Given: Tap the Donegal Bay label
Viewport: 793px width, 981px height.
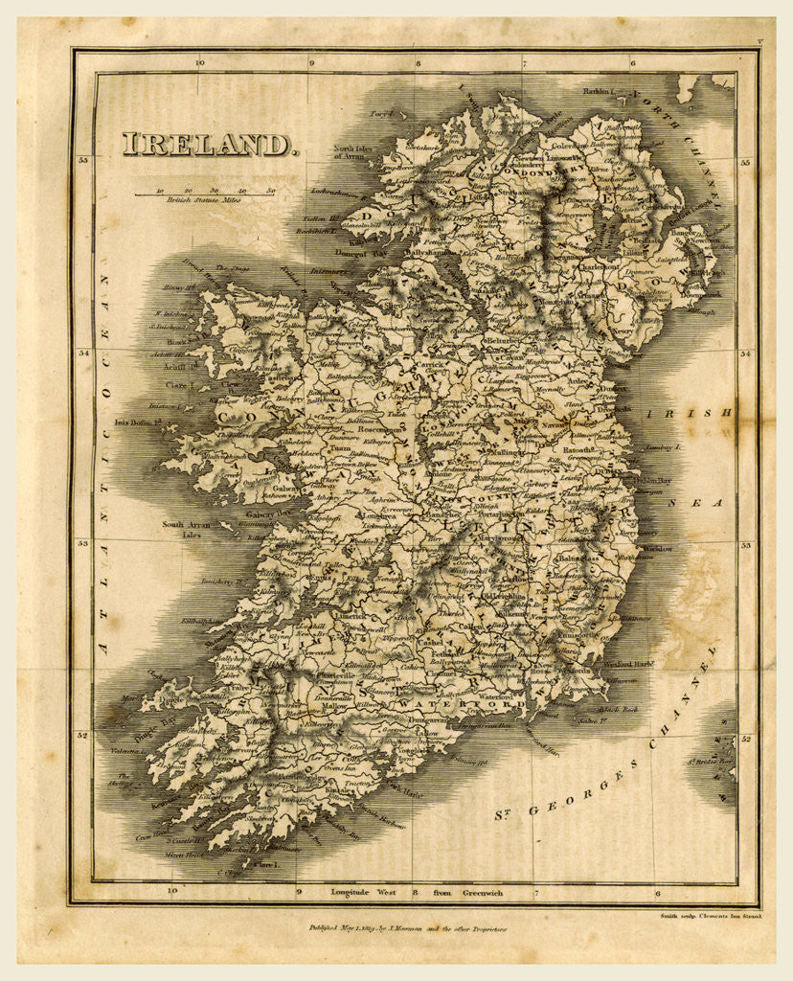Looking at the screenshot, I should click(361, 253).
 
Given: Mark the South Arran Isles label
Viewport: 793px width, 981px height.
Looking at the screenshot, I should click(186, 529).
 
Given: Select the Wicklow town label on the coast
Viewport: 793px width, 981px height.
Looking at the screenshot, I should click(658, 548).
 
